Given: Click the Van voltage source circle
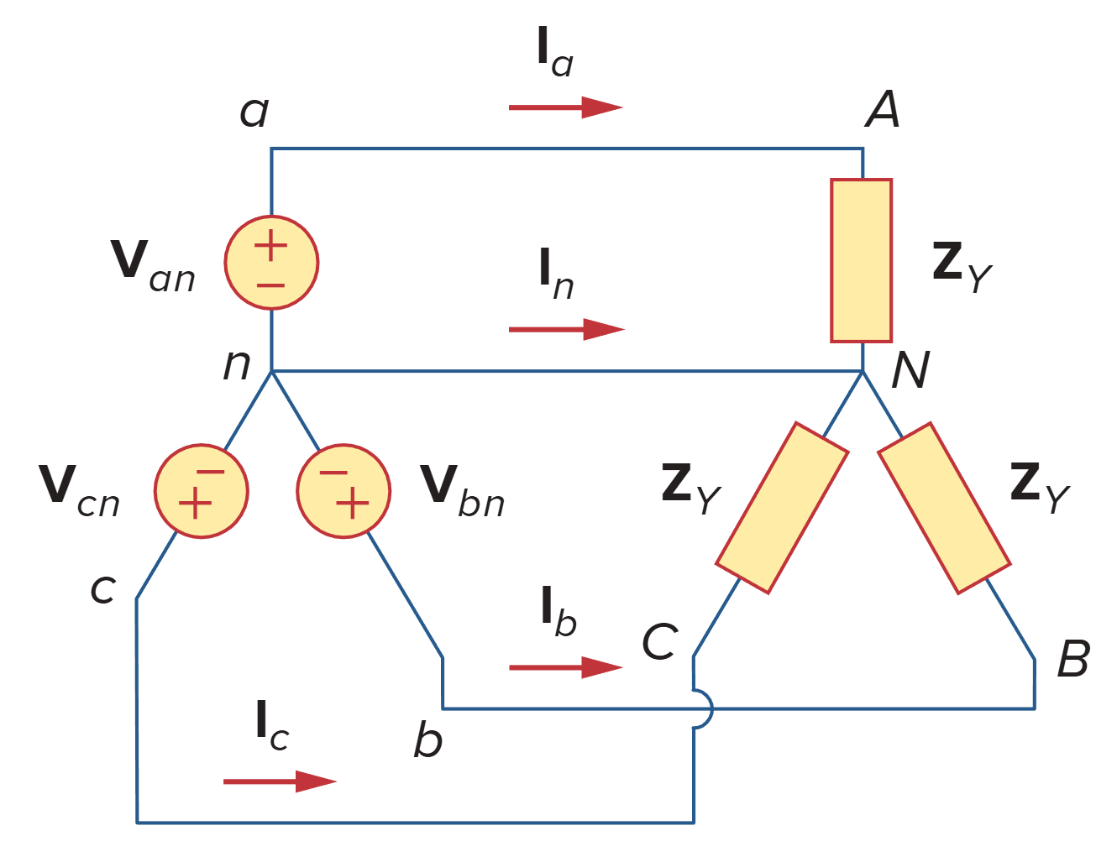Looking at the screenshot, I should [x=271, y=263].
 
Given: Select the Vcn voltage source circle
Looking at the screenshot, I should [x=201, y=491].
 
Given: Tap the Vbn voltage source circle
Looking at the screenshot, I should [x=343, y=491].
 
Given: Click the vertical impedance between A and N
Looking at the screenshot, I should [x=861, y=260].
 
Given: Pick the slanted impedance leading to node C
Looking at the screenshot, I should [x=781, y=508].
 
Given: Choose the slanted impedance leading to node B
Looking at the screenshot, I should [x=944, y=508].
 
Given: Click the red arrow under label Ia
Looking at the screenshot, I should [x=565, y=107].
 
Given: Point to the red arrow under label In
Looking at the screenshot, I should [x=566, y=329].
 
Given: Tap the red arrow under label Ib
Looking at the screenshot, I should [x=565, y=667].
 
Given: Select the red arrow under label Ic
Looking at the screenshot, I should [x=280, y=781].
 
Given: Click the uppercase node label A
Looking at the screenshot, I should [x=883, y=109].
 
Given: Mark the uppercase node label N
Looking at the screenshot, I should [x=910, y=369].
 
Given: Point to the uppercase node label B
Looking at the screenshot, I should [x=1072, y=659].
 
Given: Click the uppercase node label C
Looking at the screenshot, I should [x=659, y=643].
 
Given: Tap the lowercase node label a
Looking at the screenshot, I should [x=254, y=112].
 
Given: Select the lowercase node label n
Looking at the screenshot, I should [x=237, y=364].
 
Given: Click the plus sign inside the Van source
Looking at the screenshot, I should [x=270, y=247].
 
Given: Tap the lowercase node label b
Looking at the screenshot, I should [x=427, y=739].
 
